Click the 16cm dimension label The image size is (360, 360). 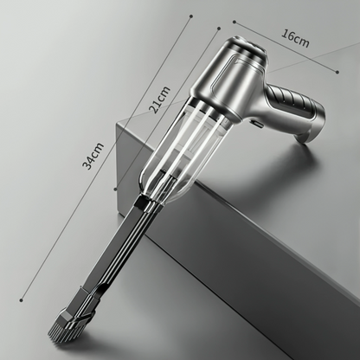point(295,38)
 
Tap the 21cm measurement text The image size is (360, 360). point(159,100)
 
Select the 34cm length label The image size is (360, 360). point(93,156)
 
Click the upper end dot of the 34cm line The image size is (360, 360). point(191,16)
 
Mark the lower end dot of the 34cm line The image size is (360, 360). point(21,300)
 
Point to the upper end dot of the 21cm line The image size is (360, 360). point(219,29)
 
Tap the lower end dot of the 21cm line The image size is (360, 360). point(115,190)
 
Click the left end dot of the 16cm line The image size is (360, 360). point(235,22)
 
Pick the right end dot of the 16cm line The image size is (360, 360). point(337,72)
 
